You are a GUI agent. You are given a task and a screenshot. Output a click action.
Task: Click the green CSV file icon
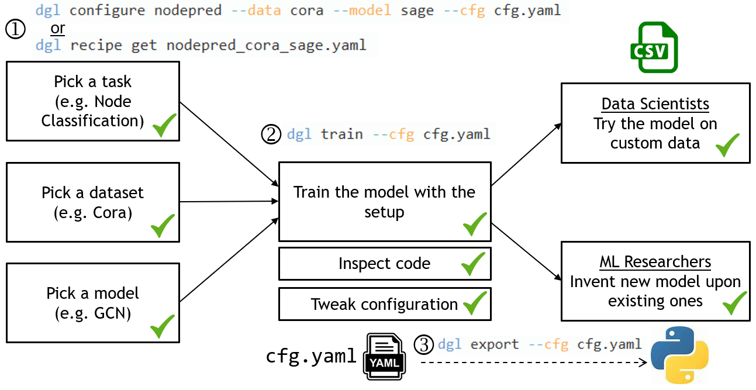click(x=654, y=47)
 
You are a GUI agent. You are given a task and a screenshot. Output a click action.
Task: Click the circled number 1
click(x=15, y=29)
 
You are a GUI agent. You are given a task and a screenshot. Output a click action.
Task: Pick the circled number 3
click(x=423, y=345)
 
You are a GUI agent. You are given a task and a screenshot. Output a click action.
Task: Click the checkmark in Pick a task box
click(x=164, y=125)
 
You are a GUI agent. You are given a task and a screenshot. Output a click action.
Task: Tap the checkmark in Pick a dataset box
click(x=163, y=226)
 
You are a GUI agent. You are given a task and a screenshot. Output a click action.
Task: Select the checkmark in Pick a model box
click(x=163, y=326)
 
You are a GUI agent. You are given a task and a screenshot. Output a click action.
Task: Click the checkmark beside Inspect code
click(x=473, y=264)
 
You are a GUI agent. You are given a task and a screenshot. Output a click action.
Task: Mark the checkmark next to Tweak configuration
click(x=475, y=303)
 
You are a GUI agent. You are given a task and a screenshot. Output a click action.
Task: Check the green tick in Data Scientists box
click(x=727, y=145)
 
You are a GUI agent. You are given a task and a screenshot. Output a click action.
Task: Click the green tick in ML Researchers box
click(x=735, y=303)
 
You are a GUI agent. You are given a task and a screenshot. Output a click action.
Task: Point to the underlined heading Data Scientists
click(x=655, y=105)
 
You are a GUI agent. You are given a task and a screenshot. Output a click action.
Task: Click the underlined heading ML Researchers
click(x=655, y=261)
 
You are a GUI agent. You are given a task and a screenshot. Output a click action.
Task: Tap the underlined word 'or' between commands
click(x=57, y=29)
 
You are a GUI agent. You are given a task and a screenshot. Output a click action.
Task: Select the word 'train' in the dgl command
click(x=341, y=134)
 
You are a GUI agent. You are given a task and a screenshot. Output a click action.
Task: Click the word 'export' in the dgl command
click(x=494, y=344)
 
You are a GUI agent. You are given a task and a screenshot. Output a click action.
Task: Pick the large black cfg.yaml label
click(x=311, y=356)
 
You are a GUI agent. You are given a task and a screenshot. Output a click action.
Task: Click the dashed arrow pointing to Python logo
click(x=532, y=363)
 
